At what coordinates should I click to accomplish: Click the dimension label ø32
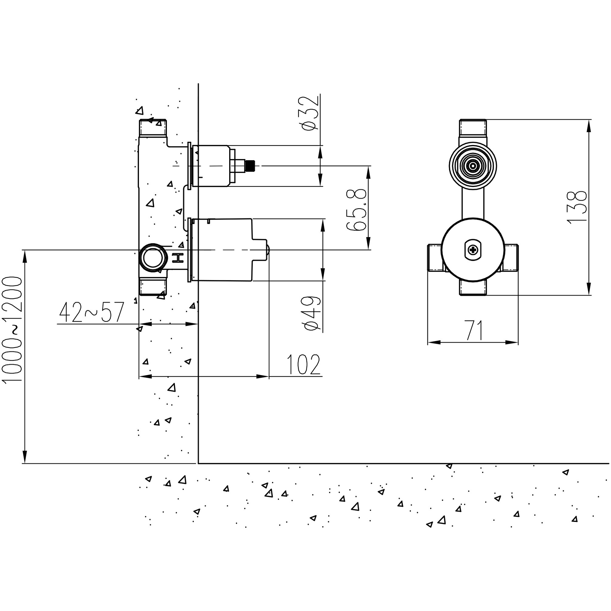click(310, 113)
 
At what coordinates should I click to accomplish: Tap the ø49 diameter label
click(312, 313)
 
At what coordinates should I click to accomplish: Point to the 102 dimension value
click(304, 365)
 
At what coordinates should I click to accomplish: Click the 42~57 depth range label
click(92, 312)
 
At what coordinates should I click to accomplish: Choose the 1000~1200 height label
click(13, 329)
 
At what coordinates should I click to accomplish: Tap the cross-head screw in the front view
click(473, 250)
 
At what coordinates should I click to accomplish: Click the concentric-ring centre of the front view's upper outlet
click(473, 166)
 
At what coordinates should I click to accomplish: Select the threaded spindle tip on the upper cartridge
click(250, 166)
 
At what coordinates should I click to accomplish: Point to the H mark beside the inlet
click(178, 258)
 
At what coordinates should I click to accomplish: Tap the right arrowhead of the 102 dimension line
click(263, 376)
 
